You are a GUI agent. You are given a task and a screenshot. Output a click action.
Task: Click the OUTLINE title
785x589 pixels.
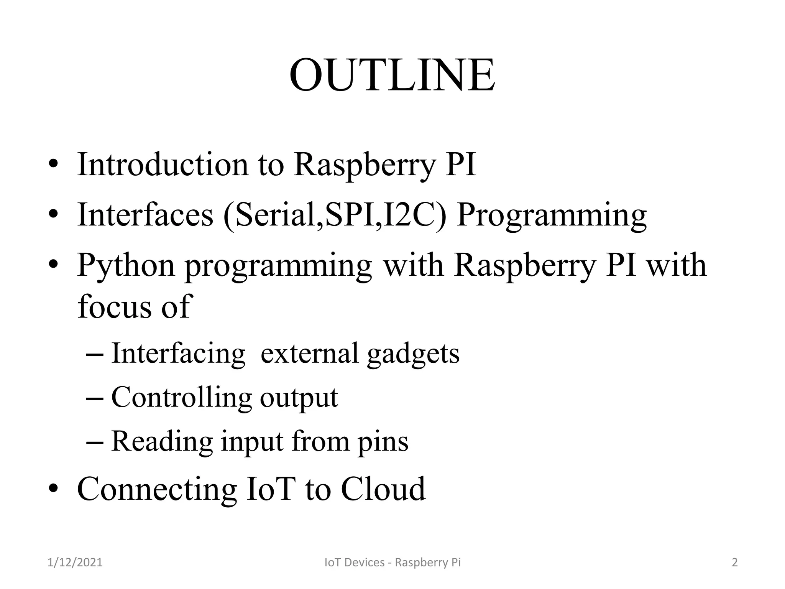pos(392,75)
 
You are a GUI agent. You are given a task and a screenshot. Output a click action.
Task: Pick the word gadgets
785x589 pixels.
pos(413,353)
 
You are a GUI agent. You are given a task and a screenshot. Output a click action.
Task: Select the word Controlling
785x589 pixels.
pos(181,397)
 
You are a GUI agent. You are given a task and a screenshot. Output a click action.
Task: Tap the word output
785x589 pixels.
pos(299,398)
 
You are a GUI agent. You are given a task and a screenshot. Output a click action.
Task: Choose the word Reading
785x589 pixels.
pos(162,441)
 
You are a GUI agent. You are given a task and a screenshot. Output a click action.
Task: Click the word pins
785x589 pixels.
pos(383,442)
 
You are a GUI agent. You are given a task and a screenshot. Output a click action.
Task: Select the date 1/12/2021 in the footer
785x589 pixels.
pos(75,563)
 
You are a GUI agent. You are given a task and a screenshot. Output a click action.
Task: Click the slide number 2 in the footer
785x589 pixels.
pos(735,563)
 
